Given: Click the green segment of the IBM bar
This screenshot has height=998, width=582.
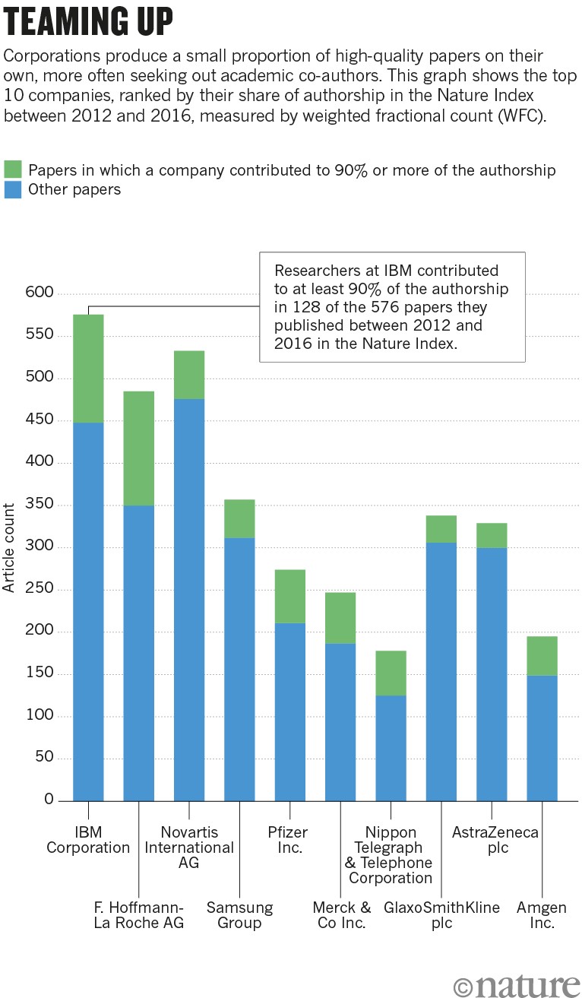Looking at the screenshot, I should [x=88, y=369].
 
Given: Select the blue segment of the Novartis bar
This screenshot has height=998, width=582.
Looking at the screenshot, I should [x=189, y=600].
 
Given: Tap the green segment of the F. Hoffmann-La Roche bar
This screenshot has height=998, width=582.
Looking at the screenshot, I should [x=138, y=448].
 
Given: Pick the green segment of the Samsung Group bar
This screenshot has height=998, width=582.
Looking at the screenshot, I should [x=239, y=518].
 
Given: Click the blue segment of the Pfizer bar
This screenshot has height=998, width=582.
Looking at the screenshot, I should [x=290, y=711].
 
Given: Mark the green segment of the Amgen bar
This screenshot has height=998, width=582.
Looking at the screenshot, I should [x=542, y=655].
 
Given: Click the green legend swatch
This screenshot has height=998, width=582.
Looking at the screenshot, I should [x=13, y=170].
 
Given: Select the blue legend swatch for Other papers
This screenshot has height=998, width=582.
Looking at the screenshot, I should [x=13, y=189].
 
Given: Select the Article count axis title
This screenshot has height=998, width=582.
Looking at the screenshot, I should [x=9, y=547].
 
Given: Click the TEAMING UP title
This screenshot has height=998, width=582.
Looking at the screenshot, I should [x=89, y=23].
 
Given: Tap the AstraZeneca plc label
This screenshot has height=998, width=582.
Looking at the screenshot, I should [x=495, y=840].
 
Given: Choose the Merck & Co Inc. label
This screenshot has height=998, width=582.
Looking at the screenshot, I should [x=341, y=915].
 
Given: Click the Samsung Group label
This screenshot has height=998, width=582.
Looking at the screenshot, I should [x=239, y=915].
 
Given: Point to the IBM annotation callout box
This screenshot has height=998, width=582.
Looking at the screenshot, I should [x=392, y=306].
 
